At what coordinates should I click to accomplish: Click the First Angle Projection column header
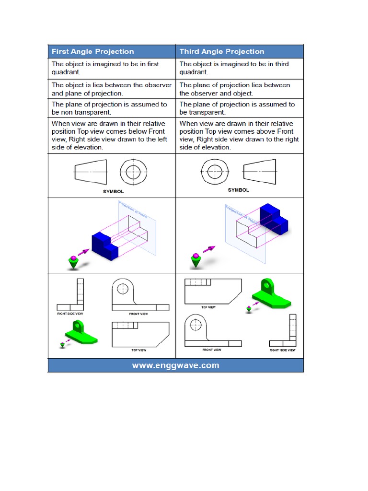(x=92, y=52)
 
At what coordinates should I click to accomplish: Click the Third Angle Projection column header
(x=222, y=52)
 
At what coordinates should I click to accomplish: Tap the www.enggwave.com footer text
(x=175, y=365)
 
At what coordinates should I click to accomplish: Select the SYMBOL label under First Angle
(x=113, y=191)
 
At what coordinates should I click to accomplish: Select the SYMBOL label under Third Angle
(x=238, y=190)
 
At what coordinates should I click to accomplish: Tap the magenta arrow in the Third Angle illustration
(x=209, y=249)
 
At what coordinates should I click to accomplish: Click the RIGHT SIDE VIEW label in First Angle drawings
(x=70, y=314)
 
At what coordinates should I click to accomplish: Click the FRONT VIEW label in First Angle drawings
(x=138, y=314)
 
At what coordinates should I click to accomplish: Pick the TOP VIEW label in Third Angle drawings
(x=208, y=307)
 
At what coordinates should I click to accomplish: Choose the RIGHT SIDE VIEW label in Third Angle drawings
(x=282, y=350)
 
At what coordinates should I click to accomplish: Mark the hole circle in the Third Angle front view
(x=196, y=325)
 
